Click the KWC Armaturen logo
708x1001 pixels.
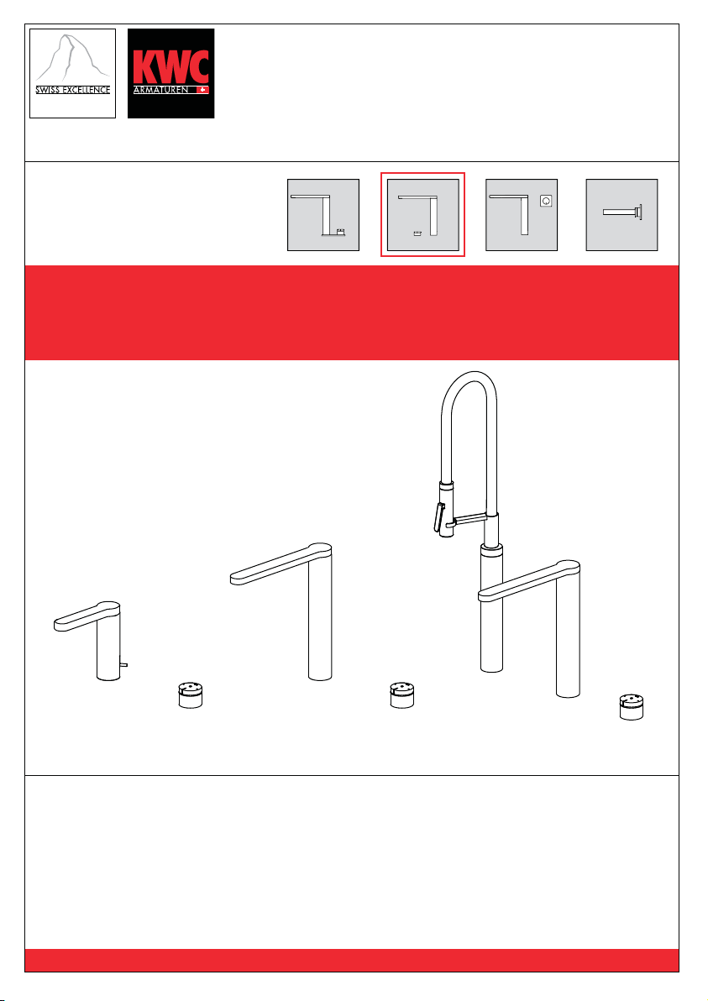pyautogui.click(x=170, y=73)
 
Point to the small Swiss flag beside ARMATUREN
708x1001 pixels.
pyautogui.click(x=202, y=91)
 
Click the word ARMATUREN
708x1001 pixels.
pyautogui.click(x=161, y=91)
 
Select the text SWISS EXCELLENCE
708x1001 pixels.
pyautogui.click(x=73, y=90)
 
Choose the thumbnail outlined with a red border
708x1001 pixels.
pyautogui.click(x=422, y=214)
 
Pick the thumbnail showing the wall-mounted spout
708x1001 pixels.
pyautogui.click(x=621, y=214)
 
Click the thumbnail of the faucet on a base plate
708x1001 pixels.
pyautogui.click(x=323, y=214)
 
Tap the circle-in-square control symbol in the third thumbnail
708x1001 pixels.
pyautogui.click(x=546, y=201)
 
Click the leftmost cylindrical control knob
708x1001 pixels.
pyautogui.click(x=191, y=695)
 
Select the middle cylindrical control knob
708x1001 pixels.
pyautogui.click(x=402, y=694)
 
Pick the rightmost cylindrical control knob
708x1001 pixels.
pyautogui.click(x=632, y=707)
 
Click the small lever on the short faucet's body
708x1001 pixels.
pyautogui.click(x=123, y=664)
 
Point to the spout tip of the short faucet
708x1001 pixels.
pyautogui.click(x=57, y=624)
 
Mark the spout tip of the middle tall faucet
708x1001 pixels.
pyautogui.click(x=233, y=577)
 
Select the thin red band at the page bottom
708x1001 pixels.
pyautogui.click(x=352, y=960)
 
